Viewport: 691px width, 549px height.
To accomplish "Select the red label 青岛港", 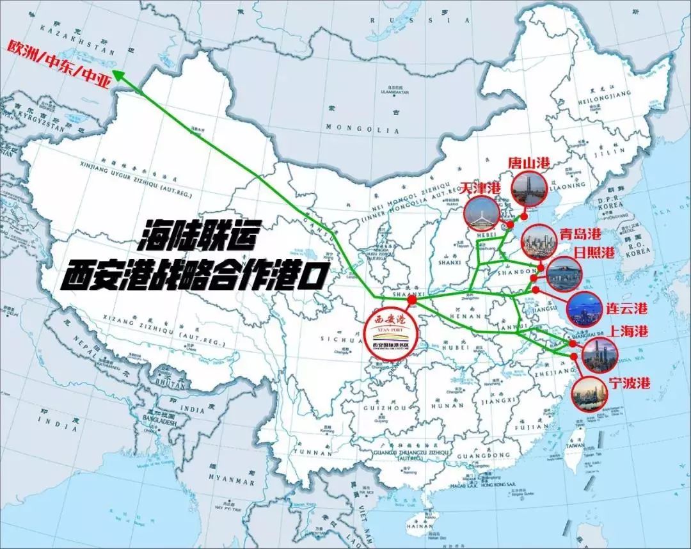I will click(580, 234).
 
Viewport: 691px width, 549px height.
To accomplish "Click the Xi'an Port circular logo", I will click(390, 332).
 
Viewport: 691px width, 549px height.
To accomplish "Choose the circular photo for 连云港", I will click(584, 308).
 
